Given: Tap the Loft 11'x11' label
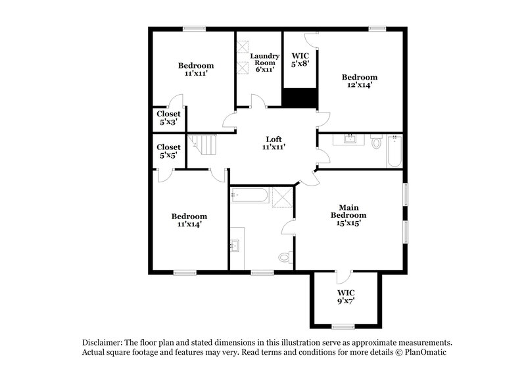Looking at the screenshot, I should click(x=274, y=143).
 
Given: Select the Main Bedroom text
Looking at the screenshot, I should click(x=348, y=211).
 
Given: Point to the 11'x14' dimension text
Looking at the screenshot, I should click(x=189, y=224).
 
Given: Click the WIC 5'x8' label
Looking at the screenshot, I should click(x=300, y=60).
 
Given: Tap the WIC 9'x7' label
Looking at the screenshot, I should click(x=345, y=296).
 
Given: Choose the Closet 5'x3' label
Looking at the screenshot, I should click(x=168, y=118).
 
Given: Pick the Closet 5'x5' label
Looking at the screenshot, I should click(x=168, y=151).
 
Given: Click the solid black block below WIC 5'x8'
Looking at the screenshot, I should click(x=300, y=97).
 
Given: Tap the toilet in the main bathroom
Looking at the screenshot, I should click(x=285, y=256).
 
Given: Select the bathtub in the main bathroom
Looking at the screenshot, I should click(x=249, y=195).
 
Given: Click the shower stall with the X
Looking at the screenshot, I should click(x=283, y=195).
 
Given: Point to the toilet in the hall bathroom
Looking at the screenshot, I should click(x=377, y=141).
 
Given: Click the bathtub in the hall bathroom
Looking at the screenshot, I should click(x=394, y=151).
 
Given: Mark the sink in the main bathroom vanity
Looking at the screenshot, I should click(x=236, y=247).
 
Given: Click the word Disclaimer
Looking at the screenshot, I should click(x=106, y=343).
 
